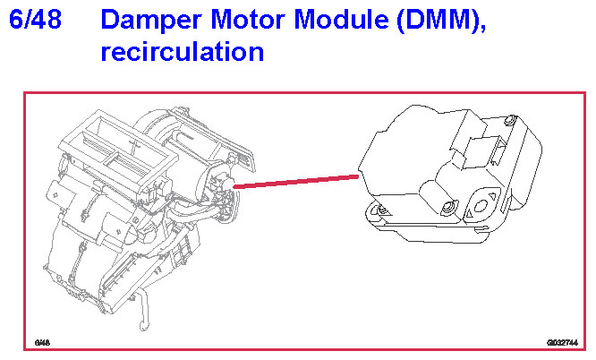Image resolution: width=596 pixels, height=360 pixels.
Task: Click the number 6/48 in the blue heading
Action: (35, 20)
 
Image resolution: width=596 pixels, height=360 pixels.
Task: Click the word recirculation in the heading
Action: (182, 51)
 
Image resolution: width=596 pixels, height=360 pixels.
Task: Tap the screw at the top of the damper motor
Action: (508, 121)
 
